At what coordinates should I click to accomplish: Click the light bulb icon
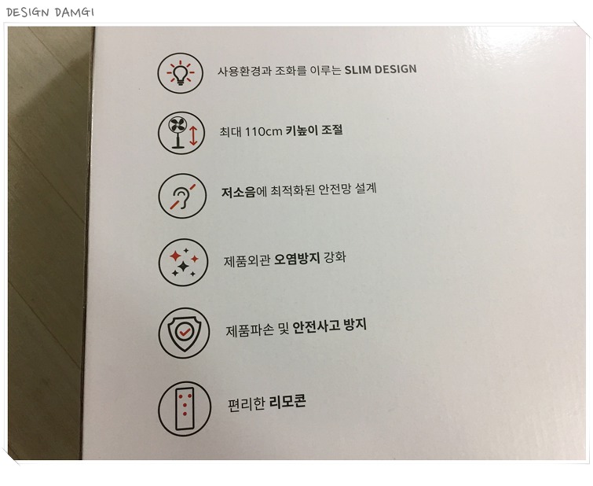coord(181,72)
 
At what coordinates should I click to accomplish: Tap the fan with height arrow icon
coord(181,133)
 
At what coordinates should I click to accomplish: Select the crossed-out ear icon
coord(182,197)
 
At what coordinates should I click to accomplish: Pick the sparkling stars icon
coord(184,262)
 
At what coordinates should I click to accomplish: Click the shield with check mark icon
coord(184,333)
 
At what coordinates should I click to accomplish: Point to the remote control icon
coord(185,408)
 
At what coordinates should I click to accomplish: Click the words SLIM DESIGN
coord(380,69)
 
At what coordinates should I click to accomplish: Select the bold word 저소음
coord(238,192)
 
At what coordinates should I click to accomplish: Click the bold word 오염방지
coord(297,259)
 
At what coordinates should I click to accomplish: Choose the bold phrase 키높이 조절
coord(314,131)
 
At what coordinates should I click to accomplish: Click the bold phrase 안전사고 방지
coord(330,326)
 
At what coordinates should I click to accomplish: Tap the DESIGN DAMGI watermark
coord(50,12)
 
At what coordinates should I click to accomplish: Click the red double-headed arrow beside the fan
coord(193,135)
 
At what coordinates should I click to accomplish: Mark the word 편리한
coord(246,404)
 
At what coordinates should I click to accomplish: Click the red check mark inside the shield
coord(185,332)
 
